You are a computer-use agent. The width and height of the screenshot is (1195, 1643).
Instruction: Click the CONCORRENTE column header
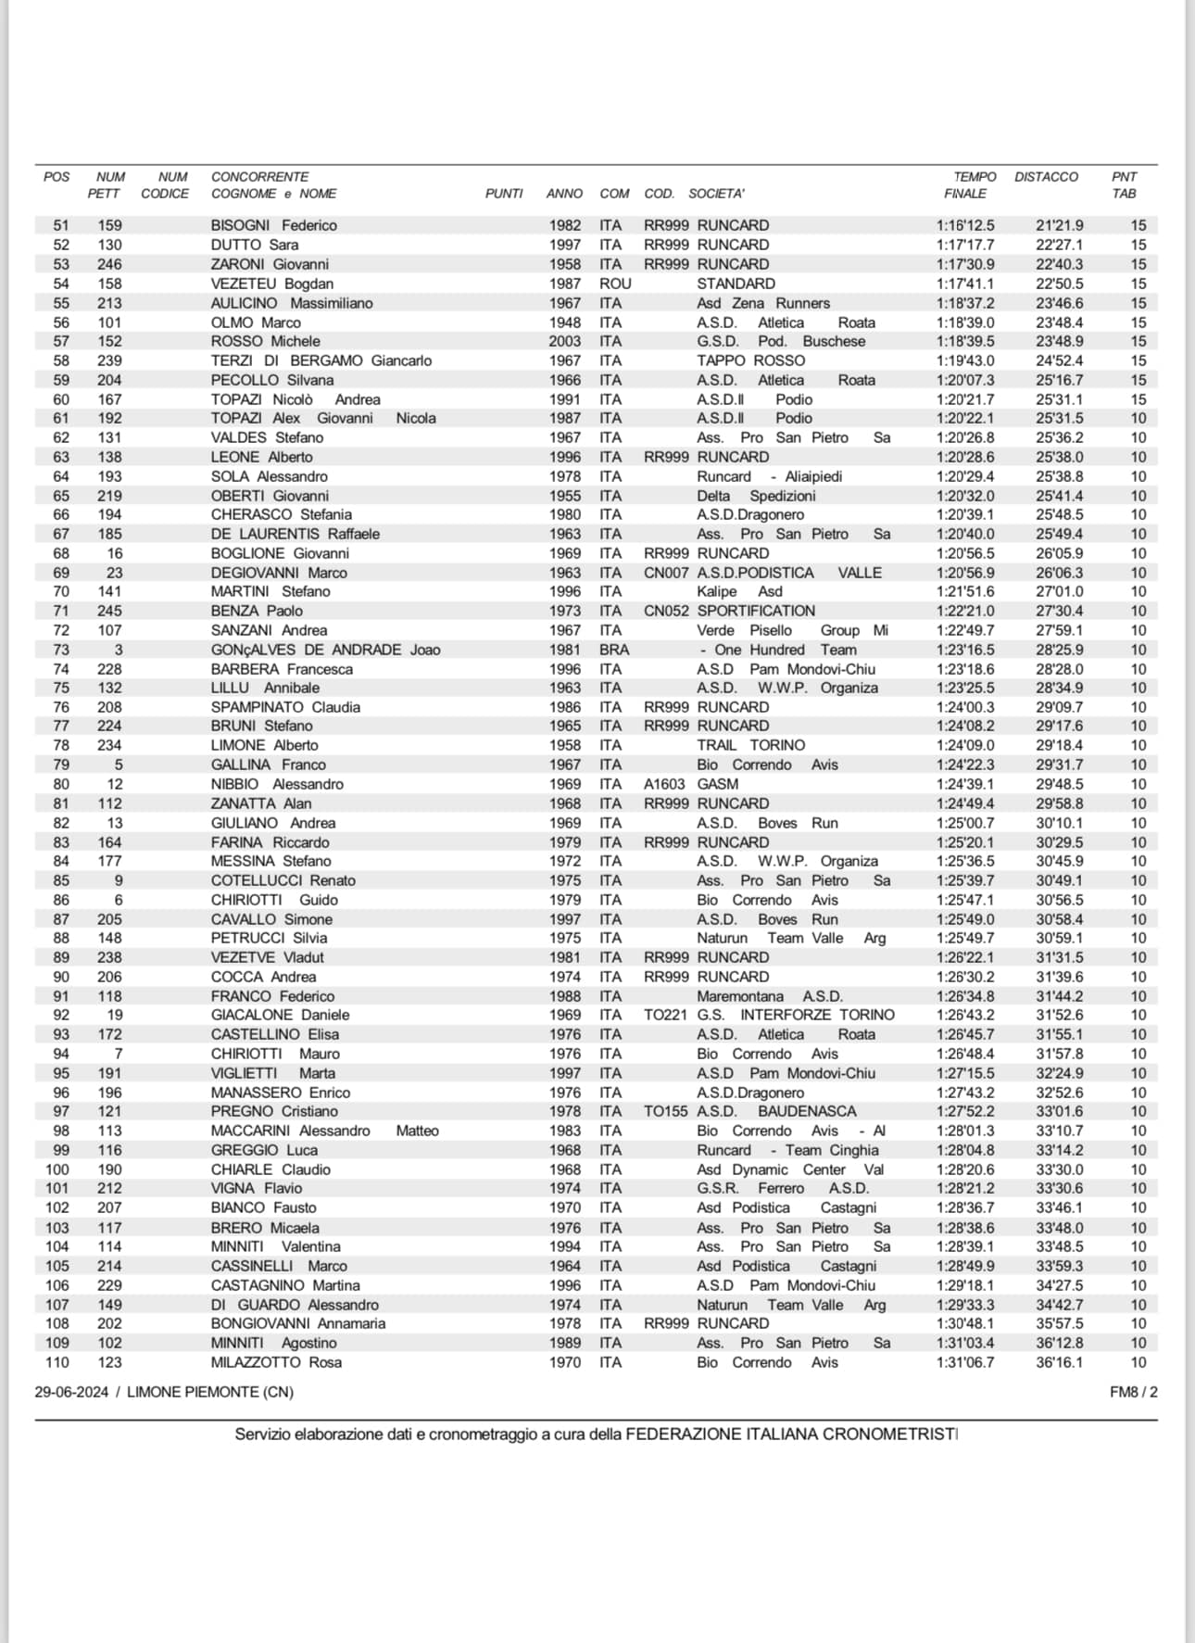[x=259, y=176]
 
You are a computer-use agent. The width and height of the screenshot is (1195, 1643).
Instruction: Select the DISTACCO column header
[x=1046, y=176]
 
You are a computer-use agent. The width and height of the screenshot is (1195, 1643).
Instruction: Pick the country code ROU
[x=615, y=284]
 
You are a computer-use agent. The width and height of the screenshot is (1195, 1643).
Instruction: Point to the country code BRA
[x=613, y=650]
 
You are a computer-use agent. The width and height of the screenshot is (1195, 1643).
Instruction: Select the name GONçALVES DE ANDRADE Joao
[x=325, y=650]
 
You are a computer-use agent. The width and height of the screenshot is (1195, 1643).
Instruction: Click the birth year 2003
[x=564, y=341]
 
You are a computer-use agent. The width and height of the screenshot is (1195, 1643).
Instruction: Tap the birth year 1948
[x=564, y=322]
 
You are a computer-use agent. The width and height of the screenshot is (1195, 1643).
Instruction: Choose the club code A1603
[x=664, y=784]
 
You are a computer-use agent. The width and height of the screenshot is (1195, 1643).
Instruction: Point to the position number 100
[x=57, y=1169]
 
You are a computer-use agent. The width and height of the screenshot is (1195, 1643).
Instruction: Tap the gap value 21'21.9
[x=1059, y=225]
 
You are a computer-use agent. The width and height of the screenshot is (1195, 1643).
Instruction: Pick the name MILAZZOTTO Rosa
[x=276, y=1362]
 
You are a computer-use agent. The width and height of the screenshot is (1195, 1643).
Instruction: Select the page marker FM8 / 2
[x=1133, y=1392]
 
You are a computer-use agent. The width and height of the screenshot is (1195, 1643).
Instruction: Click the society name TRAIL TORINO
[x=750, y=745]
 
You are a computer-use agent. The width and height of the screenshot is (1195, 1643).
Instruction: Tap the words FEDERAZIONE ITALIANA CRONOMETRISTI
[x=791, y=1434]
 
